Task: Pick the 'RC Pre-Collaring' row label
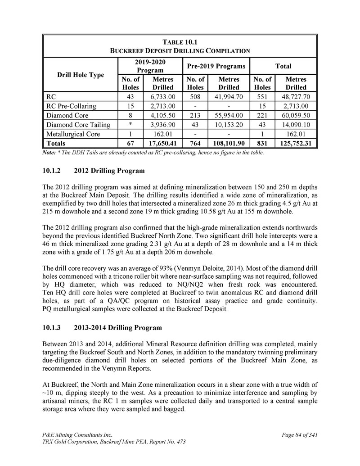[x=72, y=106]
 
